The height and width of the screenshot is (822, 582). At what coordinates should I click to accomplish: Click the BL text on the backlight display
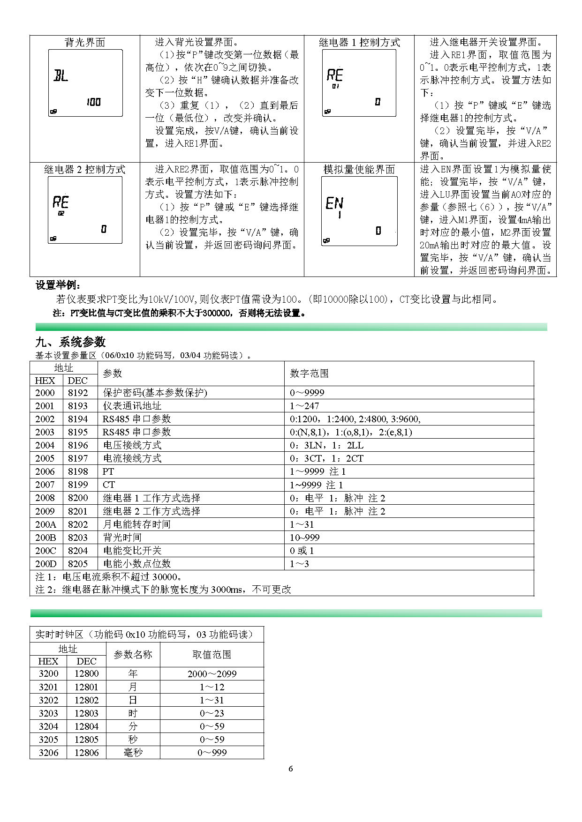(61, 76)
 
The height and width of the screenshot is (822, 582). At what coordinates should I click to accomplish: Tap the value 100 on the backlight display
(94, 102)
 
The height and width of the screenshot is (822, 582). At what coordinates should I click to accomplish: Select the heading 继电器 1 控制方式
(359, 43)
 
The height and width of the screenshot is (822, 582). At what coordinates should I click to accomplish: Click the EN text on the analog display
(334, 203)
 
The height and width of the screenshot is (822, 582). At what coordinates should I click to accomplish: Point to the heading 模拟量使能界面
(359, 170)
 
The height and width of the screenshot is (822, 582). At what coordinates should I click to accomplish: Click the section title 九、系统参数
(71, 342)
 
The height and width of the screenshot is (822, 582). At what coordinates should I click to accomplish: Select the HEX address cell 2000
(45, 393)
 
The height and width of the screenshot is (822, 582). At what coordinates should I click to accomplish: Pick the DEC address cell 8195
(78, 432)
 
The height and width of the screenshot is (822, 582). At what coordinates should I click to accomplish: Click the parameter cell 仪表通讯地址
(132, 406)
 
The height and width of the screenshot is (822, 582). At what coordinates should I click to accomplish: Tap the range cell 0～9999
(307, 393)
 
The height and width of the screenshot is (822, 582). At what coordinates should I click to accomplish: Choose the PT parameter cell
(108, 471)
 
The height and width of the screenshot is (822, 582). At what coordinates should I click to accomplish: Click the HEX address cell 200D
(45, 564)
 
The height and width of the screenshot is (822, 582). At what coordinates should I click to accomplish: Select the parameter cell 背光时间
(122, 538)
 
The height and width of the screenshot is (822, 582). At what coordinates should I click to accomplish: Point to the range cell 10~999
(305, 538)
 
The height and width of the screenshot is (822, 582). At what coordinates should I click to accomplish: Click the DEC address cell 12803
(87, 713)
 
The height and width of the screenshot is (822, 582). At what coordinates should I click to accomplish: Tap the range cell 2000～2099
(212, 674)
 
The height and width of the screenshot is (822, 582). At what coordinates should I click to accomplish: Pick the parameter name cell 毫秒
(133, 753)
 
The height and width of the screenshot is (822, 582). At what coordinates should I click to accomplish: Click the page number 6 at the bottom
(291, 769)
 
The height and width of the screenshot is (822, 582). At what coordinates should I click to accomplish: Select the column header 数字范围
(310, 374)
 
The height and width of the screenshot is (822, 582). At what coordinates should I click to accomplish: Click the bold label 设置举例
(58, 285)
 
